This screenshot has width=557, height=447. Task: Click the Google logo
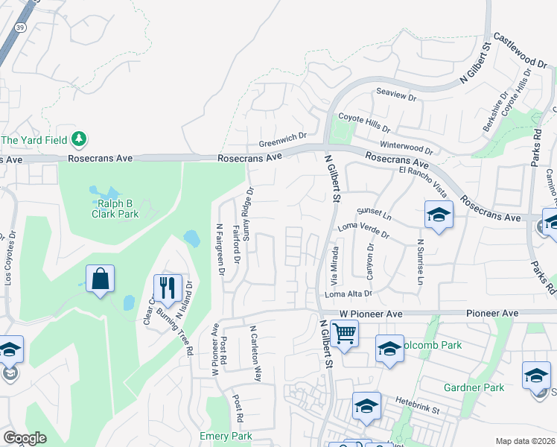pos(25,438)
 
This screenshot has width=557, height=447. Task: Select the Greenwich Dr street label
pos(283,139)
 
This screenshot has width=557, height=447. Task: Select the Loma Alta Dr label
pos(348,295)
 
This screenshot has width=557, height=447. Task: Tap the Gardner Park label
pos(474,387)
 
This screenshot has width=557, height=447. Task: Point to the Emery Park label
pos(226,436)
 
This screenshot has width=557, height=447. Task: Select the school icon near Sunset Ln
pos(439,215)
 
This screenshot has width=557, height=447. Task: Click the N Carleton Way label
pos(256,353)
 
